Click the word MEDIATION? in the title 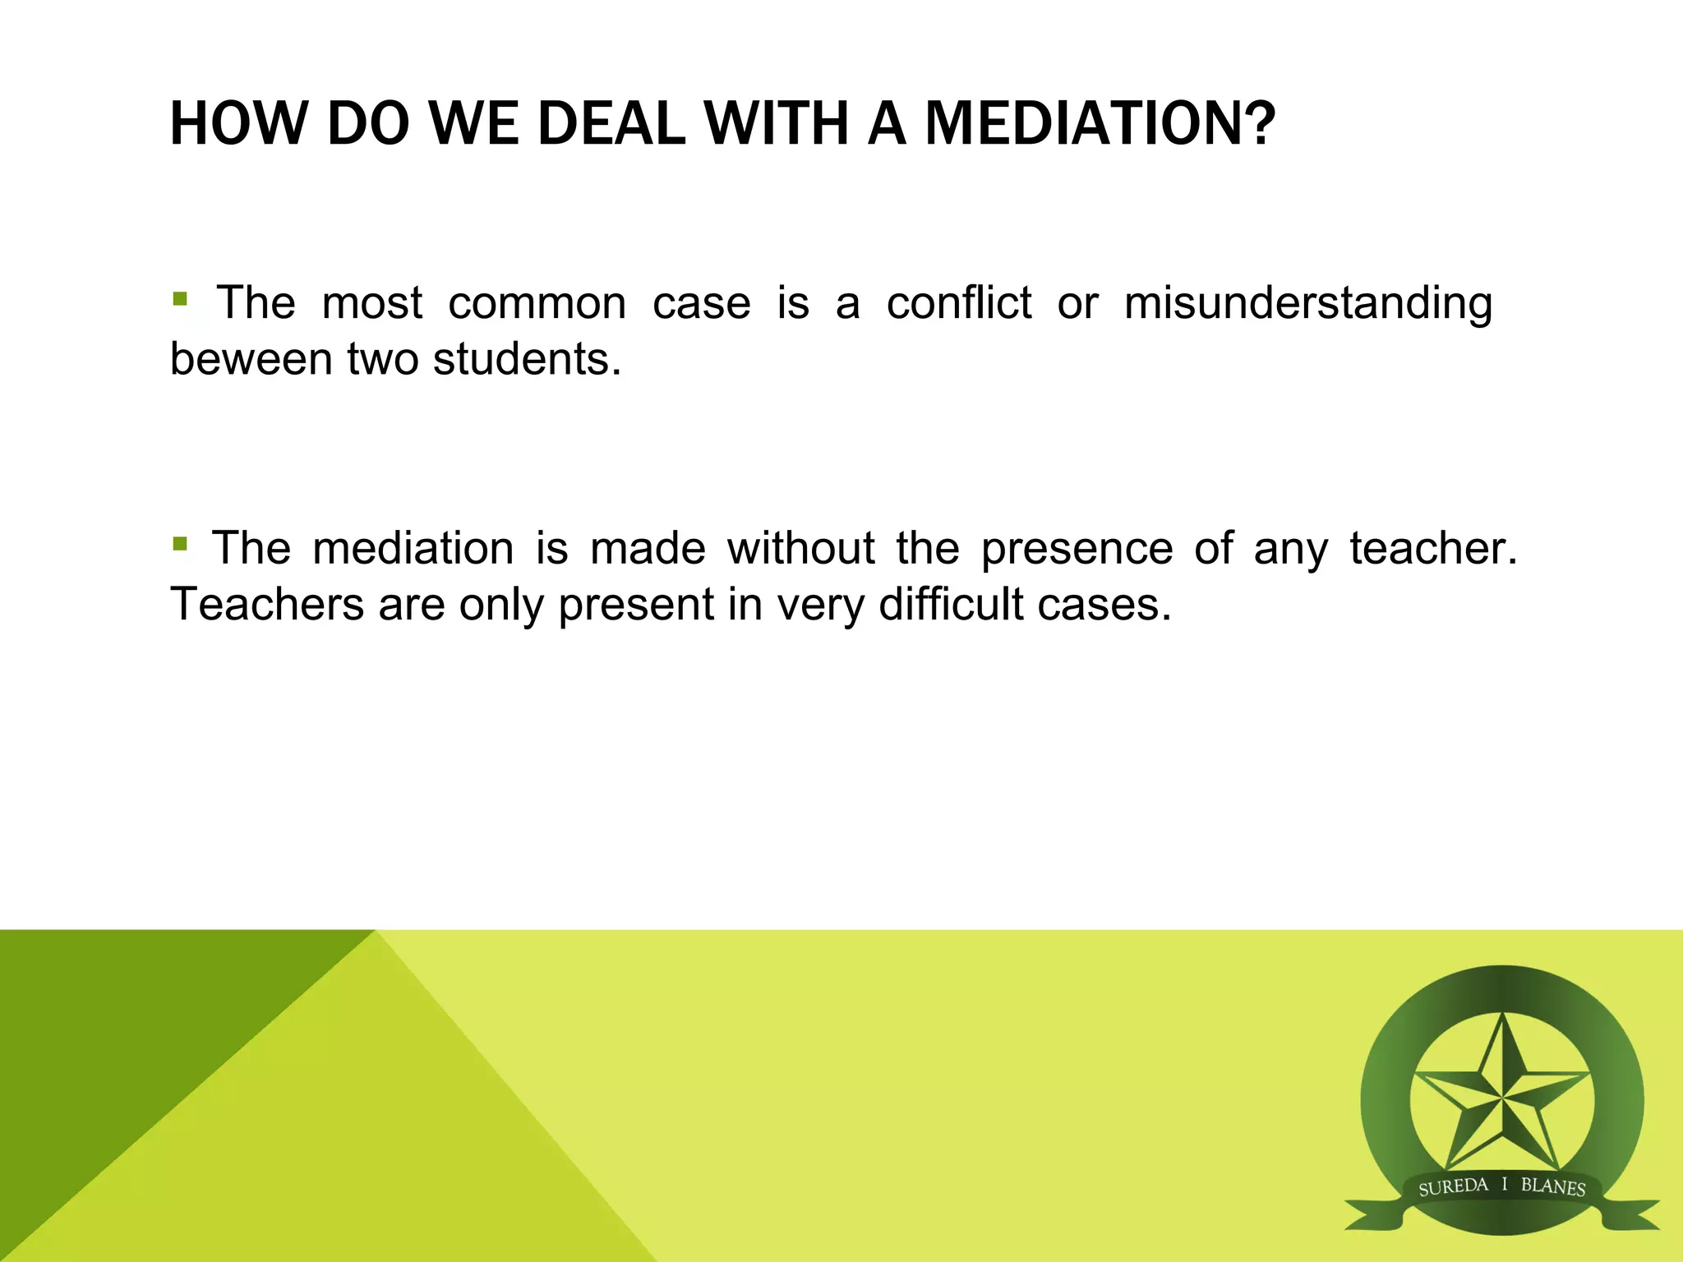click(x=1100, y=124)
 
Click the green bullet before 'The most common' click(x=180, y=297)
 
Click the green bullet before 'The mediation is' click(x=180, y=543)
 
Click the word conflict click(x=958, y=302)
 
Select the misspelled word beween click(x=250, y=359)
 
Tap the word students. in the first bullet click(x=527, y=359)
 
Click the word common click(x=537, y=302)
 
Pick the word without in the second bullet click(x=800, y=548)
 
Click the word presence click(x=1077, y=549)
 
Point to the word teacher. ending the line click(x=1433, y=548)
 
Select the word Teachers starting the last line click(x=266, y=604)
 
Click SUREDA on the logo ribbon click(x=1453, y=1187)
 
